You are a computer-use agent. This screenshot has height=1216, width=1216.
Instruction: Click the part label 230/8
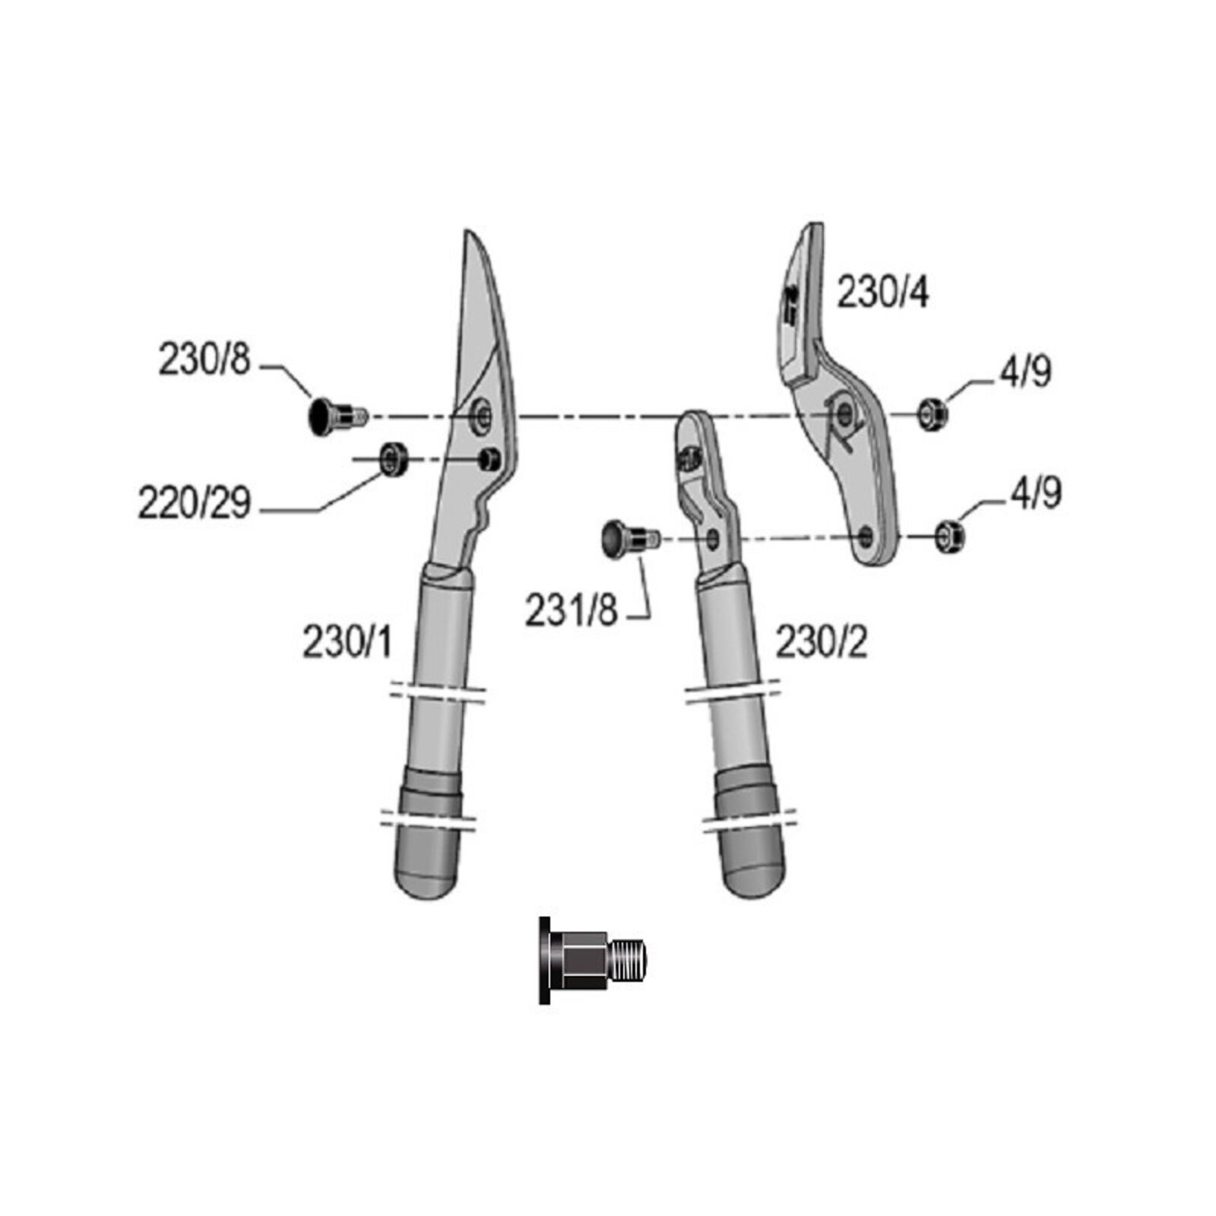(204, 359)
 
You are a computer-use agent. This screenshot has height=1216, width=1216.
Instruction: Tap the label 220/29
(195, 502)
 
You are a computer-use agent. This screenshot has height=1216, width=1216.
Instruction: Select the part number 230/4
(882, 293)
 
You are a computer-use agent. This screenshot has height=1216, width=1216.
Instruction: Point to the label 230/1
(347, 642)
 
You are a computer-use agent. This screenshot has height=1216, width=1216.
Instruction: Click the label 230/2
(821, 642)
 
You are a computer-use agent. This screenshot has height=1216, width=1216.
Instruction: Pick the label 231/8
(571, 610)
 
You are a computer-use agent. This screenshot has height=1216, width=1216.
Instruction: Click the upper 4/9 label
(1025, 372)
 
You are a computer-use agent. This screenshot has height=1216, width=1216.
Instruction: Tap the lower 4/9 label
(1036, 493)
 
